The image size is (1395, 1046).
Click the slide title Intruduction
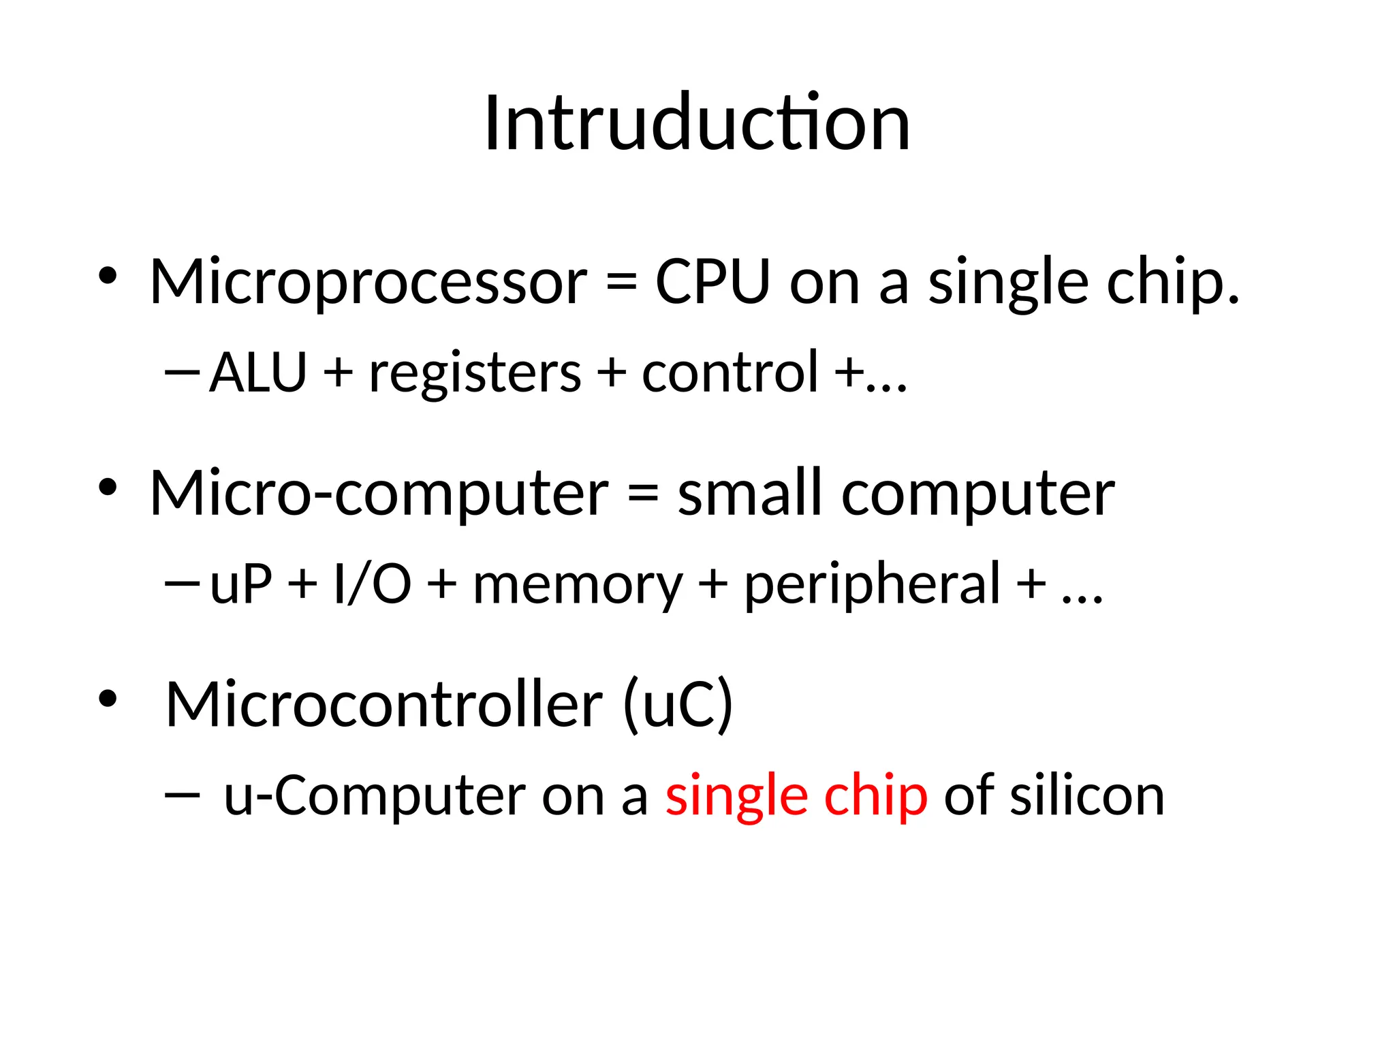697,124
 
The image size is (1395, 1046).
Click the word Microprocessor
368,282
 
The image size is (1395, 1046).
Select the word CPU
712,282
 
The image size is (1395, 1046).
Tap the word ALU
258,373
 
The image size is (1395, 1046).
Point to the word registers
475,374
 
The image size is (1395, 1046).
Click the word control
730,373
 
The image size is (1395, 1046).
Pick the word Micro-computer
379,493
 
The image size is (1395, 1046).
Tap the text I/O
373,584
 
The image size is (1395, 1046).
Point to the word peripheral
872,584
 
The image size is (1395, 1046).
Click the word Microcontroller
384,704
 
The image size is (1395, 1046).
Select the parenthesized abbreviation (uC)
678,704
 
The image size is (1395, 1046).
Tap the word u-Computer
375,795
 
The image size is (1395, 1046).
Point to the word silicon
1087,795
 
